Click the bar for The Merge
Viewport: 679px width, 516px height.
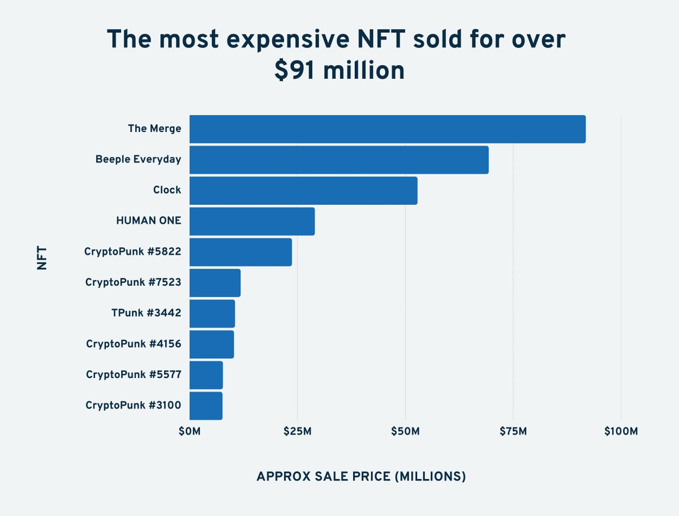point(387,129)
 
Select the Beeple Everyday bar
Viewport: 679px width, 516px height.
point(338,160)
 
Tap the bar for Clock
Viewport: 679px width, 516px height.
point(303,190)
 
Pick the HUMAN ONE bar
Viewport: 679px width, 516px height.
point(252,221)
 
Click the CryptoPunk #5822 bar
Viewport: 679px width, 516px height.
point(240,252)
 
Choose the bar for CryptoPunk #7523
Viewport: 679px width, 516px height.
point(215,283)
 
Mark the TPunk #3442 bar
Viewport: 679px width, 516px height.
point(212,313)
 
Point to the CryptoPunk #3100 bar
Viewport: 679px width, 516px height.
point(206,406)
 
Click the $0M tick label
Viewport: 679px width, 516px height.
point(189,432)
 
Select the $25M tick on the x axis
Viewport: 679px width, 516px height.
point(297,432)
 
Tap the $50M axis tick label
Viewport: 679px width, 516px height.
point(405,432)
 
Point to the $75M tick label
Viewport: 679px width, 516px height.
point(513,432)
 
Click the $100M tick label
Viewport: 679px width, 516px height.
point(621,432)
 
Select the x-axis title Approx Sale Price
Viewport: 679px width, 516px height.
point(361,476)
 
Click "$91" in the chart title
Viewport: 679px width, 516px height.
point(294,71)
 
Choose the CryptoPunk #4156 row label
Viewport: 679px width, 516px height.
point(134,344)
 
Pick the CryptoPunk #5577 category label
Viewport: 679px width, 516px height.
point(134,375)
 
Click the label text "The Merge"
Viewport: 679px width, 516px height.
point(154,129)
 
